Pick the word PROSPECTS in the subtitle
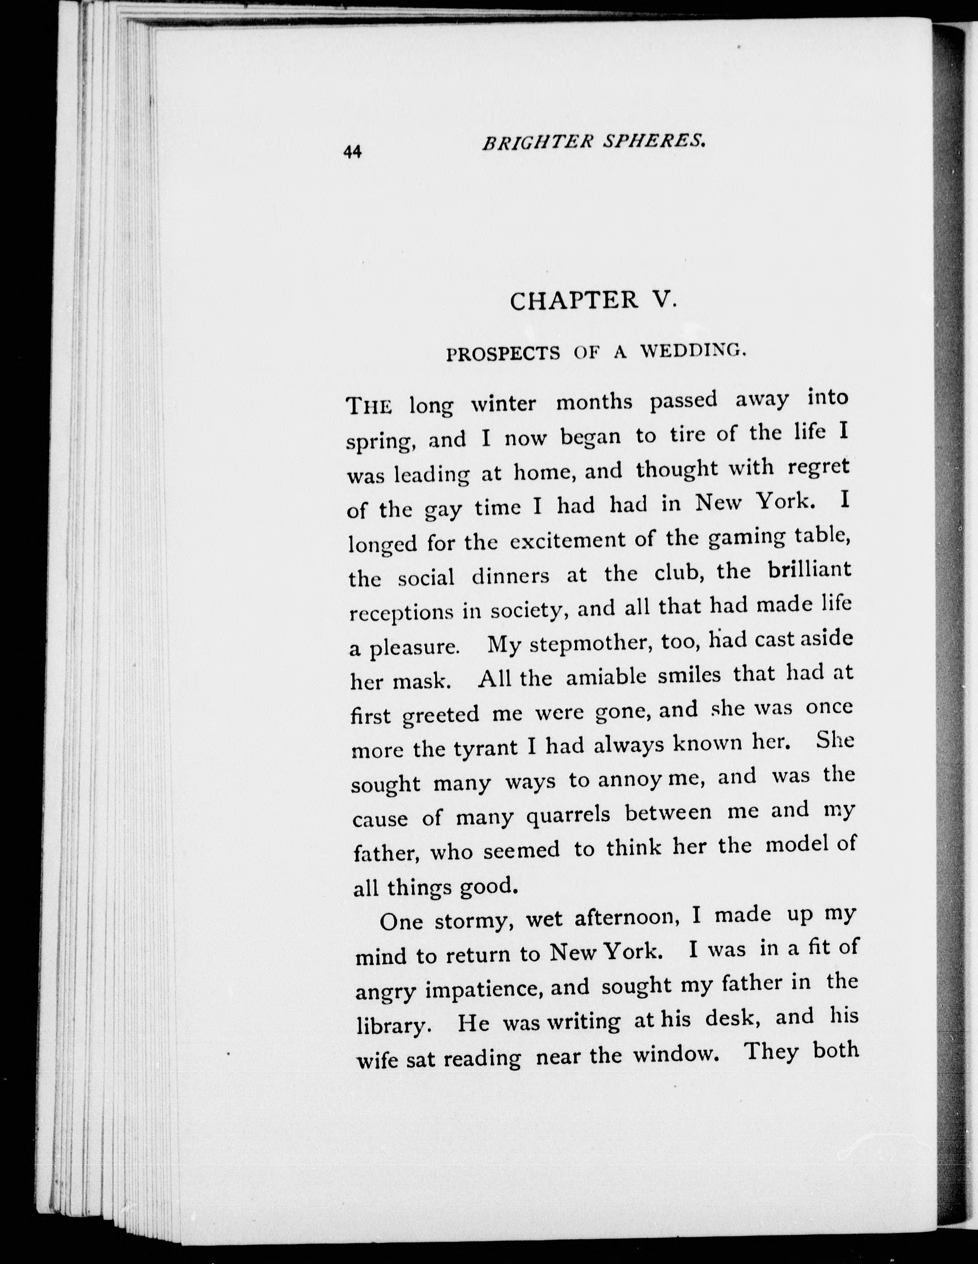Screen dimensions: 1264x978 point(503,354)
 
